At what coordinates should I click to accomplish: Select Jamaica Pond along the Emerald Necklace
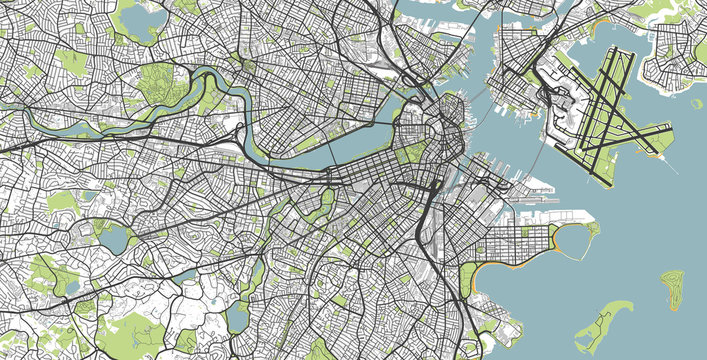[236, 317]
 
